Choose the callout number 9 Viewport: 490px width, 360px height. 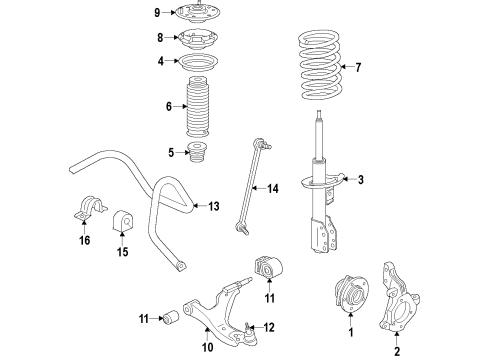(x=157, y=12)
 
